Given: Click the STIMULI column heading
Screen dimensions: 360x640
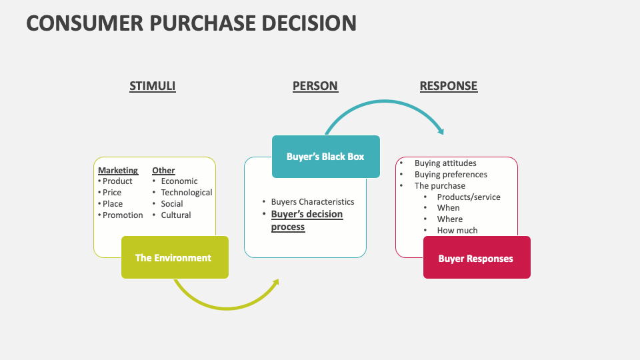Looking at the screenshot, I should tap(152, 86).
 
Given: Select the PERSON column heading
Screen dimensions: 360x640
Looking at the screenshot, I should tap(315, 86).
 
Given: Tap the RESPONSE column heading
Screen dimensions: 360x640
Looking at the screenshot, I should tap(448, 86).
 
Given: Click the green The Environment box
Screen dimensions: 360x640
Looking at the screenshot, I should tap(174, 257).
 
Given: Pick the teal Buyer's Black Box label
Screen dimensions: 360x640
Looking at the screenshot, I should tap(325, 157).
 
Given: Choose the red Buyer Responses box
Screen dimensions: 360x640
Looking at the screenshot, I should tap(476, 258).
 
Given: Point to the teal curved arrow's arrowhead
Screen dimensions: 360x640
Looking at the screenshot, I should tap(440, 130).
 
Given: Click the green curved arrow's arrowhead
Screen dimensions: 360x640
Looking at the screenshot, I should tap(275, 283).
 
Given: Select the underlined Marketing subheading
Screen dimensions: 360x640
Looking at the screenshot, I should tap(118, 171).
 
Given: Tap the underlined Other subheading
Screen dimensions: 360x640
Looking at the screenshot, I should tap(163, 171).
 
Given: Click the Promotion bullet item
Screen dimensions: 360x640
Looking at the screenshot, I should tap(123, 215).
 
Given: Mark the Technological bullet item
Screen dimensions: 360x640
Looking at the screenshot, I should tap(186, 193).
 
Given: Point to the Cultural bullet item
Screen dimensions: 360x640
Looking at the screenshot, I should tap(175, 215).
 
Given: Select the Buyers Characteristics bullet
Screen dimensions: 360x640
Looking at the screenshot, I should tap(312, 202).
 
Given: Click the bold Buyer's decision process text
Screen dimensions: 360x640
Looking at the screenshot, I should tap(306, 221).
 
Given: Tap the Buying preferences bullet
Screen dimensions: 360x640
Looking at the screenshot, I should tap(451, 175).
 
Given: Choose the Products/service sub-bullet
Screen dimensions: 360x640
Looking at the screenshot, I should tap(468, 197).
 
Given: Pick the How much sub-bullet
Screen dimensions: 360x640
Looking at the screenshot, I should tap(457, 231).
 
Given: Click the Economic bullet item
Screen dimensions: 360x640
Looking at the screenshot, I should tap(179, 181).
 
